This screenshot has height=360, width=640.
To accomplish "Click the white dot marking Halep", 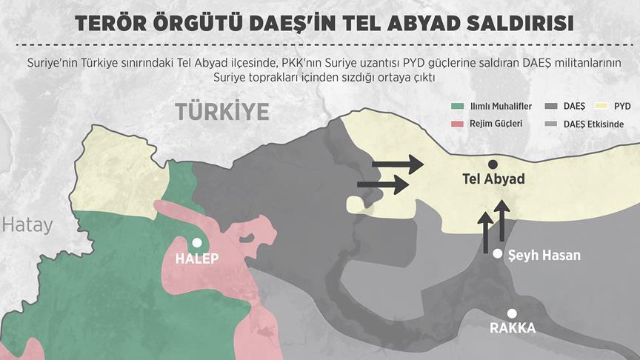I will click(196, 242).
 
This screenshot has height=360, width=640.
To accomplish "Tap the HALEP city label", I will click(197, 259).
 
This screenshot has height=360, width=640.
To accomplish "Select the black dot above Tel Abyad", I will click(492, 164).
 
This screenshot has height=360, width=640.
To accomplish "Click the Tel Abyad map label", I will click(493, 180).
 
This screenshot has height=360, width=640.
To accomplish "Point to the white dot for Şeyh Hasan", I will click(498, 254).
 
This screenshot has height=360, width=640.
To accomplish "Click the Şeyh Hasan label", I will click(544, 255).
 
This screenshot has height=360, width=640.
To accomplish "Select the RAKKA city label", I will click(512, 329).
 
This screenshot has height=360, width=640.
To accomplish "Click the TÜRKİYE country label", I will click(221, 112).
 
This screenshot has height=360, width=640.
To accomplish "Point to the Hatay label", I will click(27, 224).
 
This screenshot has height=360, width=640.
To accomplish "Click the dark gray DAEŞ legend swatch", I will click(550, 107).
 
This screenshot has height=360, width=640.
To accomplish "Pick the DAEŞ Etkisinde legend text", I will click(593, 124).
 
